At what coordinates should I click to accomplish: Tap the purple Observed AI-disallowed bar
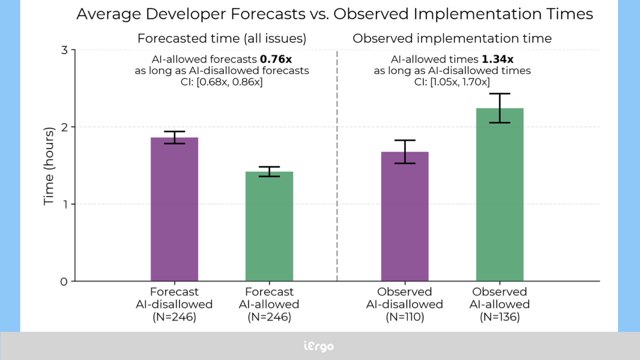pyautogui.click(x=405, y=216)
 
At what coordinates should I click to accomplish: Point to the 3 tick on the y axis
pyautogui.click(x=64, y=50)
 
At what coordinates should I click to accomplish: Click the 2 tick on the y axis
pyautogui.click(x=64, y=127)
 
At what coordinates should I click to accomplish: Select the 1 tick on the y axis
pyautogui.click(x=64, y=204)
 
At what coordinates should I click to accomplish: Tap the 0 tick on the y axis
pyautogui.click(x=64, y=282)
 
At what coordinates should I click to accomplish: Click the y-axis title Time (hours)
pyautogui.click(x=49, y=166)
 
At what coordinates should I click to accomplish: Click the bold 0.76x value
pyautogui.click(x=276, y=59)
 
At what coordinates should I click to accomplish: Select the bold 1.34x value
pyautogui.click(x=497, y=59)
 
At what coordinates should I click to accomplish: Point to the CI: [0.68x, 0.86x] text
pyautogui.click(x=222, y=82)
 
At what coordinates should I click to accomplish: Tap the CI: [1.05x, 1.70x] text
pyautogui.click(x=452, y=82)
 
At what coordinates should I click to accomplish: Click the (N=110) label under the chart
pyautogui.click(x=405, y=317)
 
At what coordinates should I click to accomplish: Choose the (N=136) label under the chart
pyautogui.click(x=500, y=317)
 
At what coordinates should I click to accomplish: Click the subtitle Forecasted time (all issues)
pyautogui.click(x=222, y=38)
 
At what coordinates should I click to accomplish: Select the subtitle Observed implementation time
pyautogui.click(x=452, y=38)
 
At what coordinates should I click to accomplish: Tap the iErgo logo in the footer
pyautogui.click(x=319, y=346)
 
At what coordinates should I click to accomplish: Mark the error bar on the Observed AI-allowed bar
pyautogui.click(x=500, y=108)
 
